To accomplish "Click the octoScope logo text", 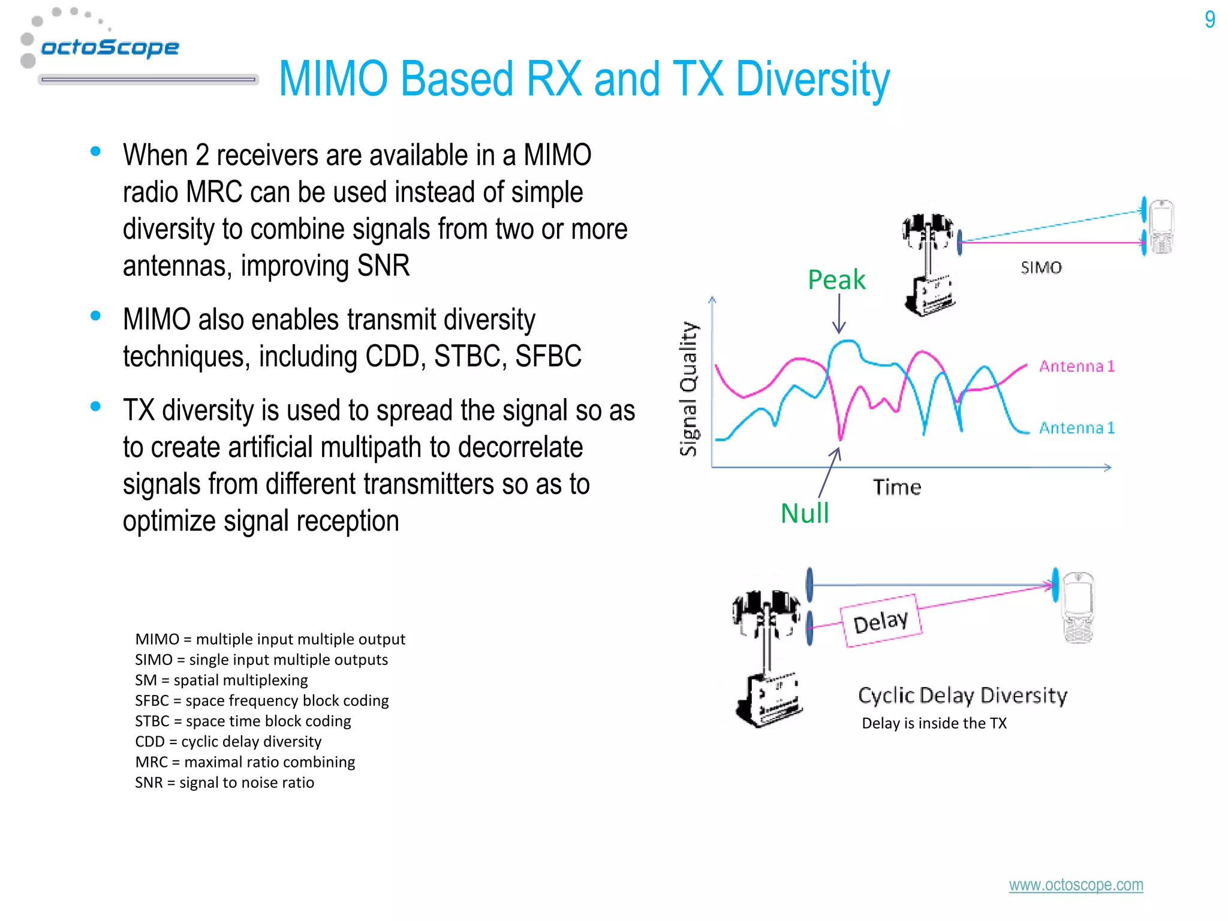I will tap(110, 47).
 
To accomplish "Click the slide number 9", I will tap(1209, 20).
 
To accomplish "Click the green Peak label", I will tap(836, 280).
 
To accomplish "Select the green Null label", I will tap(805, 514).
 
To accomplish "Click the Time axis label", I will tap(896, 487).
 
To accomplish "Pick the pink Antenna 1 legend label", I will tap(1076, 366).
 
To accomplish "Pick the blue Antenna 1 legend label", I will tap(1076, 428).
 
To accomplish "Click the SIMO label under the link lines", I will tap(1041, 268).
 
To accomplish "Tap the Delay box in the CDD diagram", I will tap(880, 621).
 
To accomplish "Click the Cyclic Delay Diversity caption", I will tap(962, 696).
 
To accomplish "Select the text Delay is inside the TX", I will tap(934, 723).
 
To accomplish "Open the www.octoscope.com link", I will tap(1076, 885).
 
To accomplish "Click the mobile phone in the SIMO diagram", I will tap(1161, 227).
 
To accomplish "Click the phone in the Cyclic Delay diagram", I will tap(1078, 607).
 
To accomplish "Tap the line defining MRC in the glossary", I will tap(245, 762).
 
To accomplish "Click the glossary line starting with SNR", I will tap(224, 782).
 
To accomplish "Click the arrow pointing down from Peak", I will tap(839, 314).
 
